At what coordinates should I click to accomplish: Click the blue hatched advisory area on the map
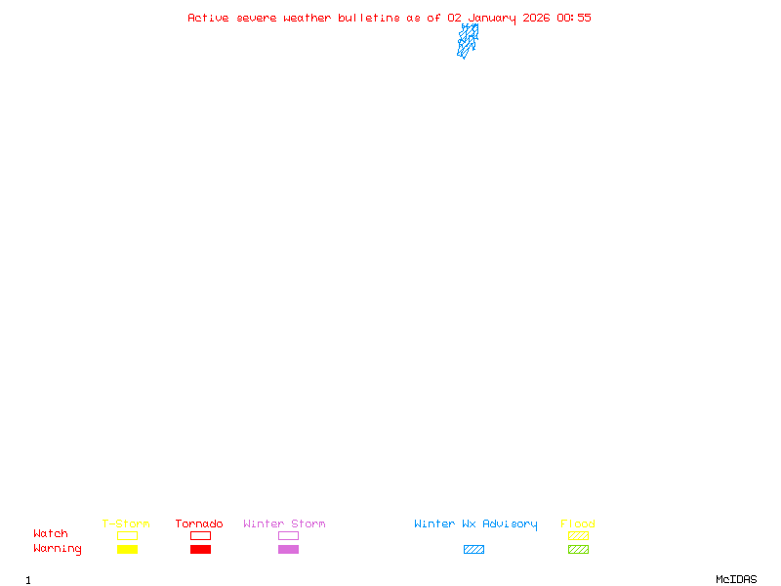tap(468, 40)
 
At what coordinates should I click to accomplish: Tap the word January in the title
tap(492, 18)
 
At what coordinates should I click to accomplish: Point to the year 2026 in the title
tap(537, 18)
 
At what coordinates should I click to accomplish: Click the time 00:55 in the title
tap(574, 18)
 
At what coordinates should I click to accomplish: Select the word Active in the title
tap(209, 18)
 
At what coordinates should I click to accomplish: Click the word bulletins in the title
tap(370, 18)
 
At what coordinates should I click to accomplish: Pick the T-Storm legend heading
tap(126, 523)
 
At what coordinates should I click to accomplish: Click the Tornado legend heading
tap(199, 523)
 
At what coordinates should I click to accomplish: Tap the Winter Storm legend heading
tap(284, 523)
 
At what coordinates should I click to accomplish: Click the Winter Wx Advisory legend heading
tap(475, 523)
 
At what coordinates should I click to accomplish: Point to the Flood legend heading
tap(578, 523)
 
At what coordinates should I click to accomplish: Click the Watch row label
tap(51, 534)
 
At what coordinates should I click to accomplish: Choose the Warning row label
tap(58, 549)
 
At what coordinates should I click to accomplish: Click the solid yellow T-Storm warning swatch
tap(127, 550)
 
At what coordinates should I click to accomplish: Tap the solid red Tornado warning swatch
tap(200, 550)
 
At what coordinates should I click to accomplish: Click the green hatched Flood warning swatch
tap(578, 550)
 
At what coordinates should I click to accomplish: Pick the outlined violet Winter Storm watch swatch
tap(288, 536)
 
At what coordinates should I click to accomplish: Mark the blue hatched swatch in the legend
tap(473, 550)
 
